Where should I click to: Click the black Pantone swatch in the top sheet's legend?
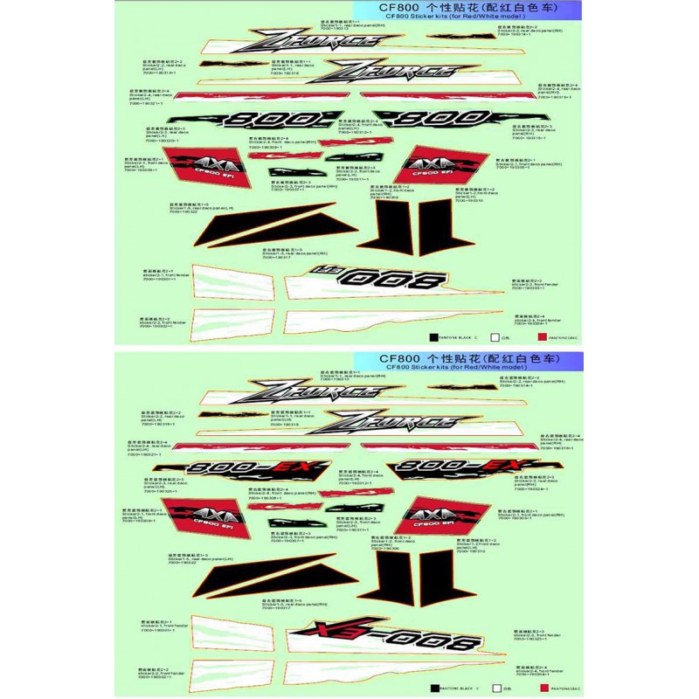(x=434, y=336)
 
